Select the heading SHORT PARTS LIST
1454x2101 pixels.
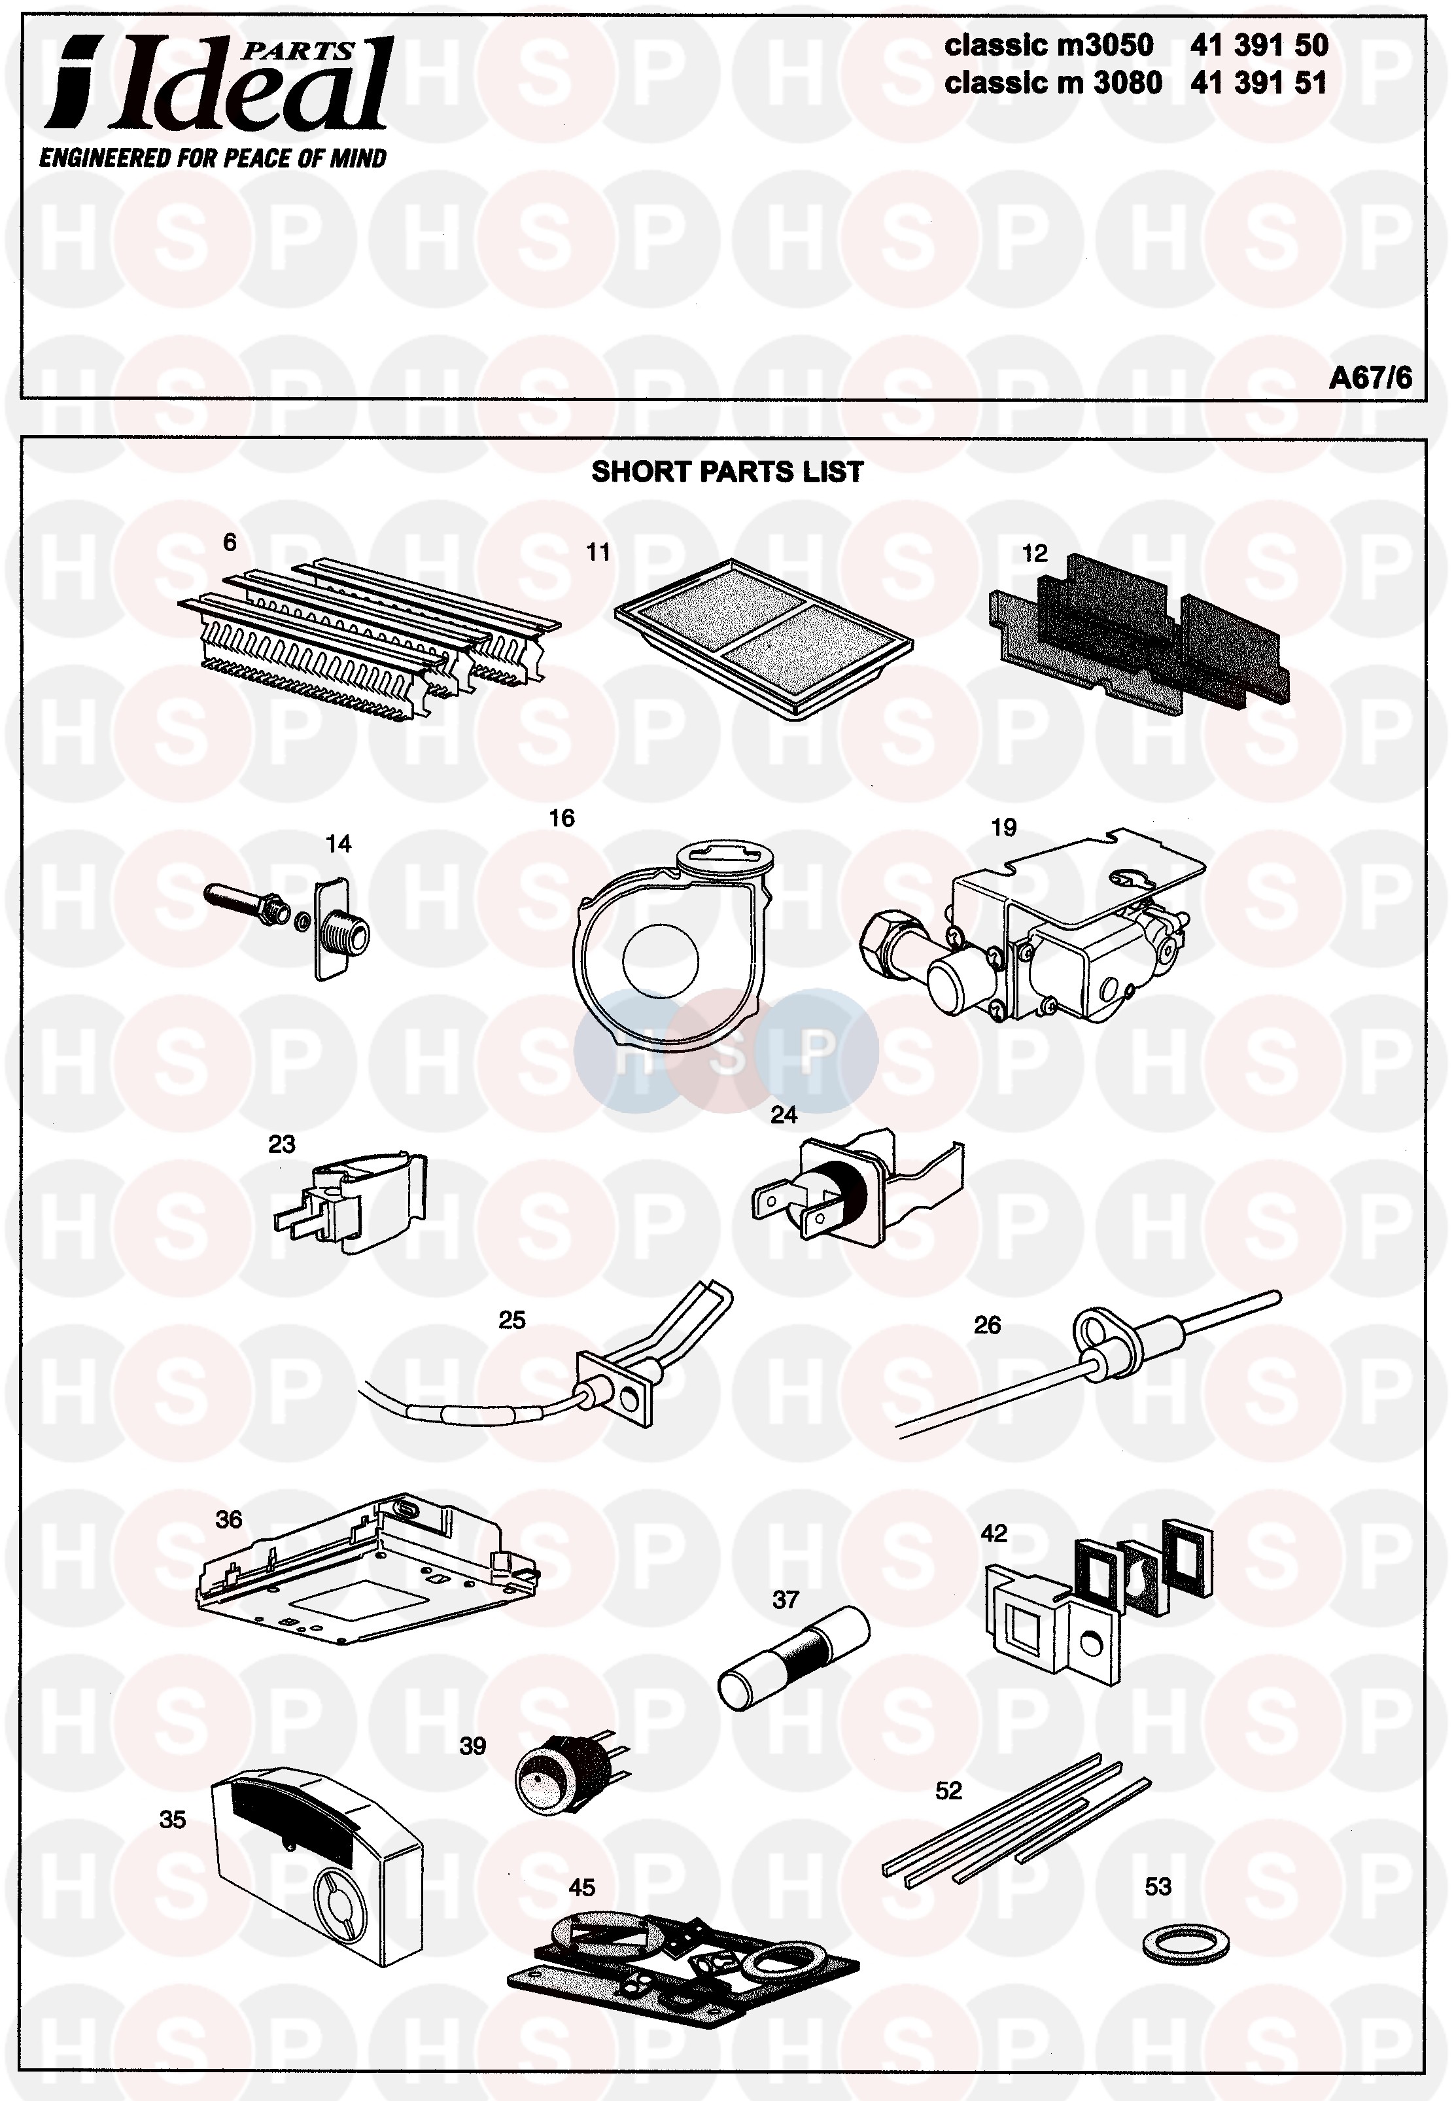coord(727,472)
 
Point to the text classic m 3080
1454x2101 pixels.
coord(1053,83)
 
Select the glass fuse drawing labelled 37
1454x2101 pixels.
coord(793,1659)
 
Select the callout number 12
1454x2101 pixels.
coord(1034,553)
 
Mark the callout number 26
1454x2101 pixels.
coord(986,1325)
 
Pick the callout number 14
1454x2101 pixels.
coord(338,843)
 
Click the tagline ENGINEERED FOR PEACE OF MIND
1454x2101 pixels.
coord(213,158)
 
